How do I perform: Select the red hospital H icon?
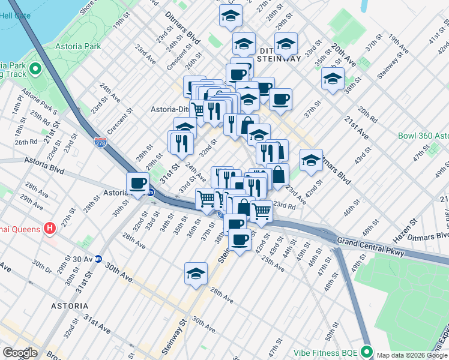pyautogui.click(x=50, y=229)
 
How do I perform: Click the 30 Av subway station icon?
pyautogui.click(x=100, y=259)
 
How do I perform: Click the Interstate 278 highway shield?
pyautogui.click(x=100, y=142)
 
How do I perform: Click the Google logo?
pyautogui.click(x=20, y=353)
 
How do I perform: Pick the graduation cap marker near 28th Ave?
pyautogui.click(x=196, y=274)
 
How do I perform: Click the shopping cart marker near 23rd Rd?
pyautogui.click(x=262, y=211)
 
